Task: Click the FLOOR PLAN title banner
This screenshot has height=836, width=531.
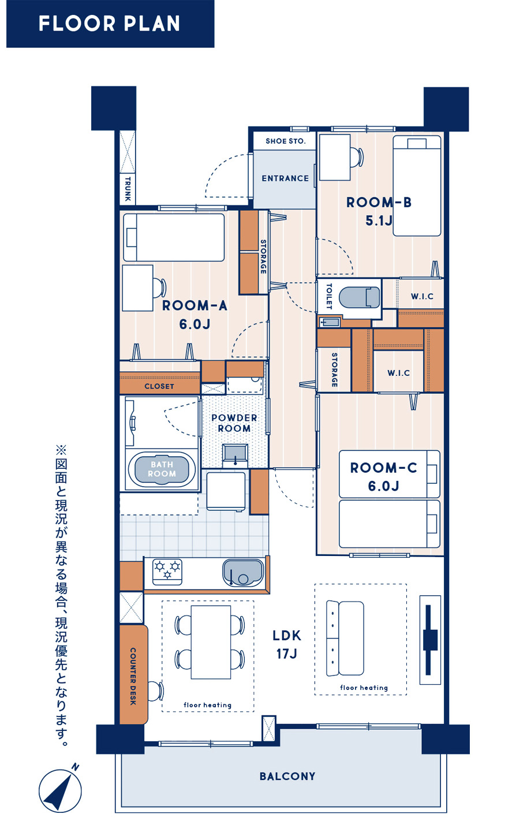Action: (110, 24)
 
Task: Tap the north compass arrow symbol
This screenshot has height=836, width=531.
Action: (59, 790)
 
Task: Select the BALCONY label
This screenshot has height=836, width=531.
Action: (287, 777)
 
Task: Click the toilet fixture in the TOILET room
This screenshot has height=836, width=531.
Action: (360, 298)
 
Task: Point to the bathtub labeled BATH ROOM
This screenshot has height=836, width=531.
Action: (162, 469)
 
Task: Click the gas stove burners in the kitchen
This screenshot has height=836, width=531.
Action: (167, 572)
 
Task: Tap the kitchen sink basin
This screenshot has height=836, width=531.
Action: (243, 572)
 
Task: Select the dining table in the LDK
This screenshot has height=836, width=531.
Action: (211, 643)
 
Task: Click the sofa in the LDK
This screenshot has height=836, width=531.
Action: (345, 638)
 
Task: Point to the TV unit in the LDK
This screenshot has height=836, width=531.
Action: (430, 640)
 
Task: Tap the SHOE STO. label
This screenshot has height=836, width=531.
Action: (286, 141)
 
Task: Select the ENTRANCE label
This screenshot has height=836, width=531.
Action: (285, 178)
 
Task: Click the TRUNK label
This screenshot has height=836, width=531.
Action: (128, 189)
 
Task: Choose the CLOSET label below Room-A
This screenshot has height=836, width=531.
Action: (159, 386)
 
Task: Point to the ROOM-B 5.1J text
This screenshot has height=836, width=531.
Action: (379, 211)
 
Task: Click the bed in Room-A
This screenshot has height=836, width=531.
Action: (174, 237)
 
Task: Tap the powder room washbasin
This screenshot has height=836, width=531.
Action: (235, 455)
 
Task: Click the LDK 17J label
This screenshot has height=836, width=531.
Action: (287, 644)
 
